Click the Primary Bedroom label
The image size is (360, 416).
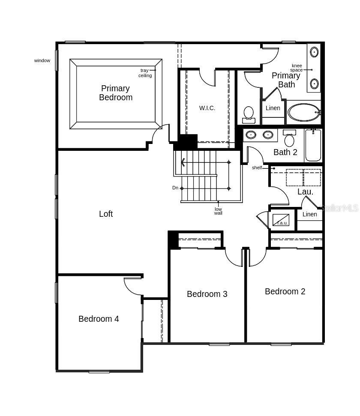[115, 93]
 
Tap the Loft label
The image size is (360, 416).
[106, 214]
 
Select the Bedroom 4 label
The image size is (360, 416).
[99, 319]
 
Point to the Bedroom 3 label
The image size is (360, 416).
[207, 294]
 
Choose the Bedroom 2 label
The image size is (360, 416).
[285, 292]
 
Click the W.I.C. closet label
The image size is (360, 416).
[207, 108]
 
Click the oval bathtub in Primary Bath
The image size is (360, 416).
[304, 113]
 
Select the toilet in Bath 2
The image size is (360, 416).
[289, 138]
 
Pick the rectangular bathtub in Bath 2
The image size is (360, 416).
[313, 145]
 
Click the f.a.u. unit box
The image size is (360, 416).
[281, 220]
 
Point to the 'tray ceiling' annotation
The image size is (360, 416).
[145, 73]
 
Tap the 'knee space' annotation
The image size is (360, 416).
[297, 68]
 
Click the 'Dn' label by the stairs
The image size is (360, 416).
[175, 188]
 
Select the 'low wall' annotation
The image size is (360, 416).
[218, 211]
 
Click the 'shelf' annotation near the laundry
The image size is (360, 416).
[257, 168]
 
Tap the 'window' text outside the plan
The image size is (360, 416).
[42, 60]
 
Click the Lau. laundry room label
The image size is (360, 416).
[305, 192]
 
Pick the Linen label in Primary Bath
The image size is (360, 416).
[273, 108]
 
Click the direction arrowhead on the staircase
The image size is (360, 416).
[183, 162]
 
